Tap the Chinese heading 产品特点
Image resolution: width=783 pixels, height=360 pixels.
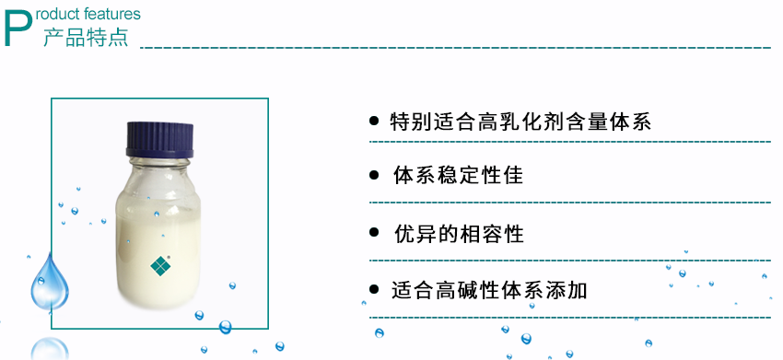(x=86, y=38)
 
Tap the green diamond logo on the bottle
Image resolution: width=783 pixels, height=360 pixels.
(x=160, y=265)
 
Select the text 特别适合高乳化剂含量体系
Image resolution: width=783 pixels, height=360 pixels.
(x=520, y=122)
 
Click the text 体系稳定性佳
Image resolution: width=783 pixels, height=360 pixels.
(x=458, y=175)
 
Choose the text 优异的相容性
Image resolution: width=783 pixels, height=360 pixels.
(x=458, y=234)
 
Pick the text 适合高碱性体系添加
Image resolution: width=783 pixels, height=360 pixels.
(x=489, y=291)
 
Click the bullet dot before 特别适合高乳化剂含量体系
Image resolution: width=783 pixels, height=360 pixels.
(x=374, y=121)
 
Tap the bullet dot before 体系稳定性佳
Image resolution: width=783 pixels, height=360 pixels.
(x=374, y=175)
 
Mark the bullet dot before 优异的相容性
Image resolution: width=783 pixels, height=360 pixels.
(x=374, y=233)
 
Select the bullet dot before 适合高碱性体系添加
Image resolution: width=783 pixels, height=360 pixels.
(x=374, y=290)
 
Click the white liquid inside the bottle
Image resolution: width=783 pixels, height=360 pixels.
(x=157, y=230)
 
